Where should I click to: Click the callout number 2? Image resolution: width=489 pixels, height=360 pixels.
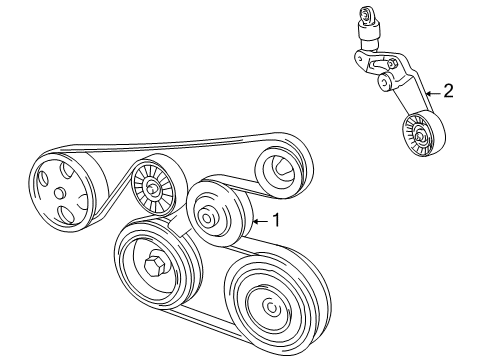pyautogui.click(x=449, y=91)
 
